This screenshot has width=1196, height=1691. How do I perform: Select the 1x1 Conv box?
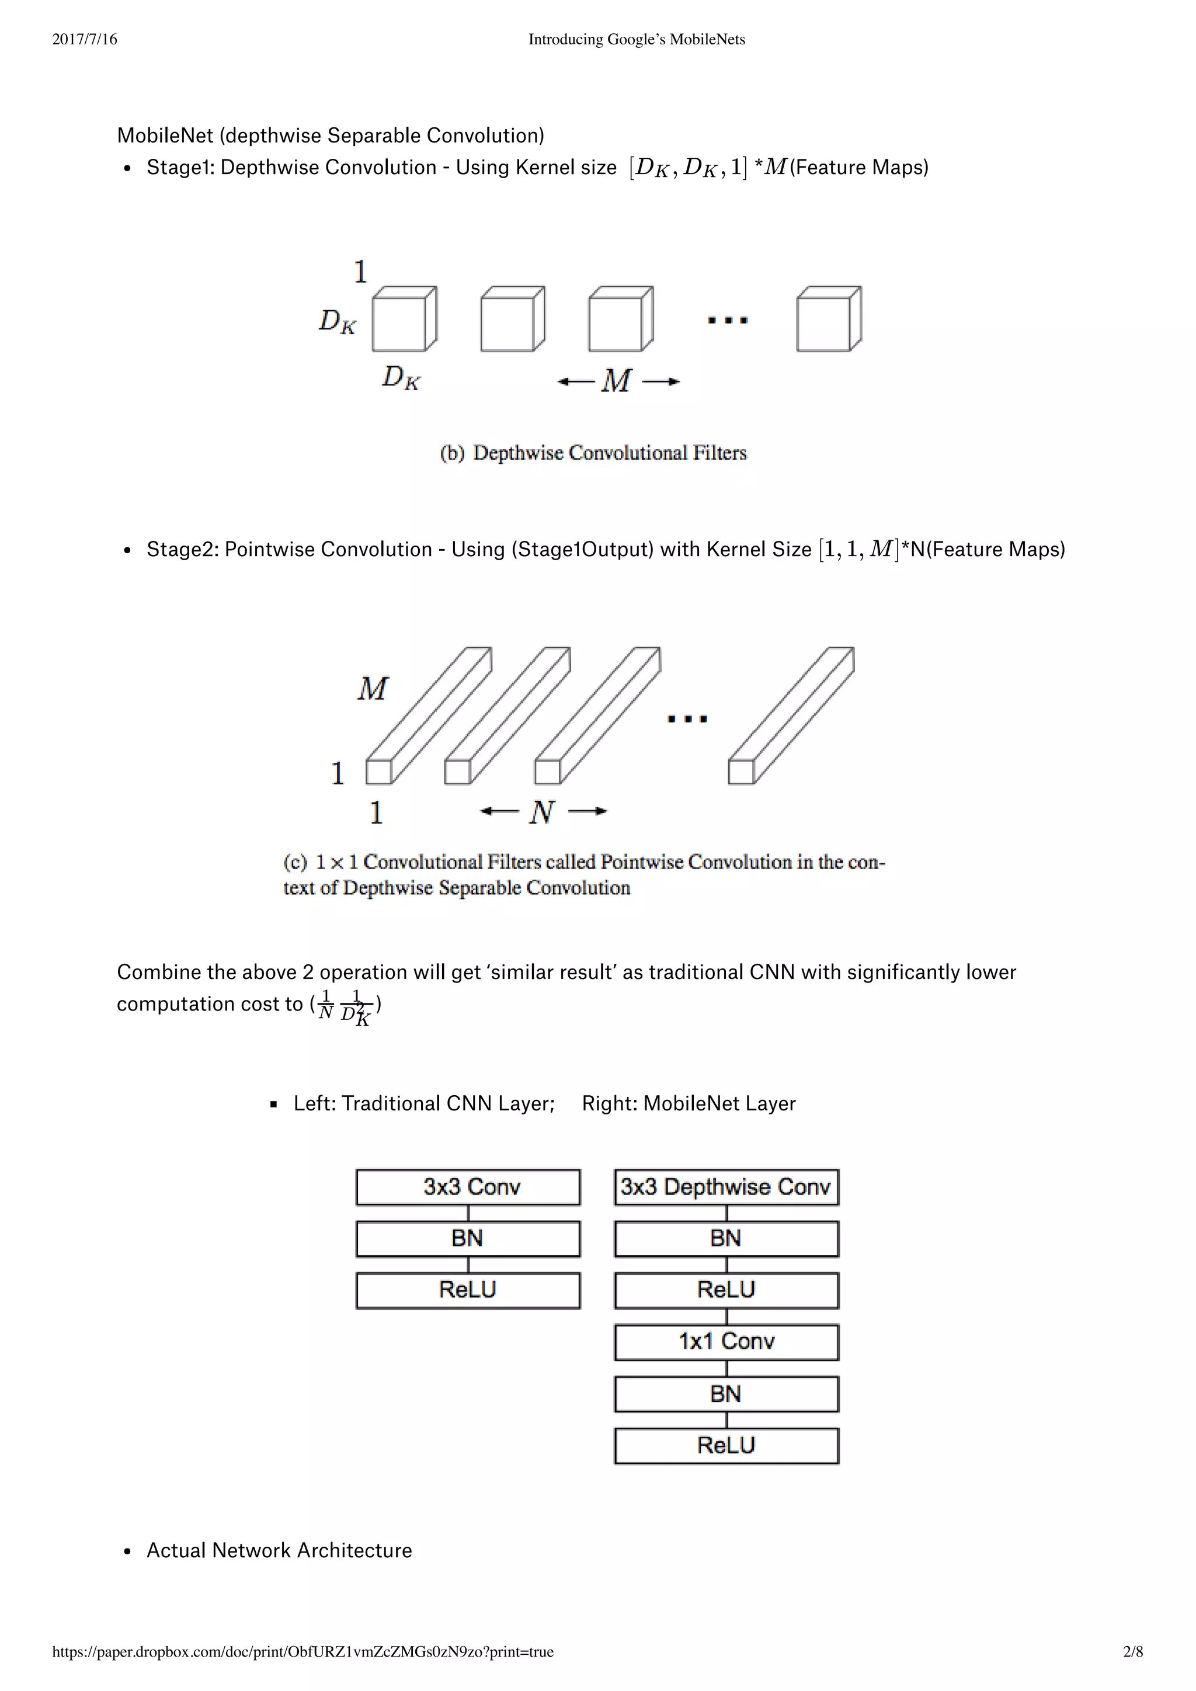click(x=726, y=1341)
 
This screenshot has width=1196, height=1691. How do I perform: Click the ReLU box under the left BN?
click(x=468, y=1290)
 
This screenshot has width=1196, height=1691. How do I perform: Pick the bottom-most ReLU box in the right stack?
click(x=726, y=1445)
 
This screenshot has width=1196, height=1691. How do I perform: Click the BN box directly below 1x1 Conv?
click(x=726, y=1394)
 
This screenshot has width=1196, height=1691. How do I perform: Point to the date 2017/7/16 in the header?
click(x=85, y=39)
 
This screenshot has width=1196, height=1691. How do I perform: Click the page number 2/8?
click(x=1133, y=1651)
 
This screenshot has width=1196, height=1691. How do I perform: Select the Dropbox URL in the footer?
click(x=303, y=1651)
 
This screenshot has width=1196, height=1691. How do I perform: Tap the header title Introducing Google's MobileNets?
click(x=637, y=39)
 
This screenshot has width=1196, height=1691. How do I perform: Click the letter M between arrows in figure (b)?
click(x=617, y=381)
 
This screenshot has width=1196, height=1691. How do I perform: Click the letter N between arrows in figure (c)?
click(x=541, y=811)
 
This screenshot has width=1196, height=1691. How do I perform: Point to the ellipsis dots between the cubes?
click(x=728, y=320)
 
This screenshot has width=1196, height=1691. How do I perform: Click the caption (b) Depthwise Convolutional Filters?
click(x=593, y=452)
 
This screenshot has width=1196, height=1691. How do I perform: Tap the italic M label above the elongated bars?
click(x=373, y=689)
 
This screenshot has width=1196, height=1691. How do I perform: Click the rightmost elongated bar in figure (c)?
click(x=792, y=714)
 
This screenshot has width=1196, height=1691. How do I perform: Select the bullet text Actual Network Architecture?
click(x=279, y=1550)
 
